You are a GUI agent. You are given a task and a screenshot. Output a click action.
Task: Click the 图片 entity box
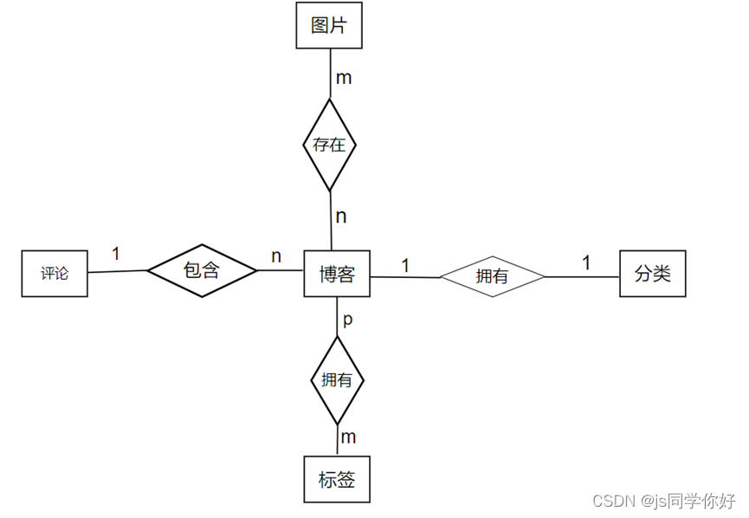tap(328, 25)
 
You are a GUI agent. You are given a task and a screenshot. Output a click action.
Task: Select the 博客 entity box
tap(337, 274)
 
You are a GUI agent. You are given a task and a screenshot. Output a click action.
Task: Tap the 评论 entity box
tap(55, 274)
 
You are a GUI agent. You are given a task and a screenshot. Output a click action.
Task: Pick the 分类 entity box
tap(652, 274)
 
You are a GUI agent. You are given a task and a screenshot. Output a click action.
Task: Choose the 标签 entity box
tap(337, 479)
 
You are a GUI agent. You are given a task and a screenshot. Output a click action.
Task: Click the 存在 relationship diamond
tap(329, 145)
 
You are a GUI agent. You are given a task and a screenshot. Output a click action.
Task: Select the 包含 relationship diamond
tap(202, 270)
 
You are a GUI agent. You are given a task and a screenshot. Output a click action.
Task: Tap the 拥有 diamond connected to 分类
tap(492, 277)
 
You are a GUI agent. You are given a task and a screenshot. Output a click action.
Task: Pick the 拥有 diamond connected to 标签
tap(337, 379)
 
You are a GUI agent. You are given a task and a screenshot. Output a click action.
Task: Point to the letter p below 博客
tap(348, 320)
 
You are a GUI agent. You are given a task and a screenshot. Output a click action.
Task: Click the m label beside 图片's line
tap(344, 78)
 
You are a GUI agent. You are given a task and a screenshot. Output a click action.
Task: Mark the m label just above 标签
tap(348, 436)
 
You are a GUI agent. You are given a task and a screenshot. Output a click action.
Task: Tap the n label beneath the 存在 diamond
tap(341, 217)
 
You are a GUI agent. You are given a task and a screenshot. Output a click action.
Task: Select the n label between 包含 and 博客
tap(276, 256)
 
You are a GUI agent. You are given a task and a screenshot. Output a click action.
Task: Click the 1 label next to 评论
tap(115, 254)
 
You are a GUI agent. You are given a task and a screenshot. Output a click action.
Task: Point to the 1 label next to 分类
tap(586, 262)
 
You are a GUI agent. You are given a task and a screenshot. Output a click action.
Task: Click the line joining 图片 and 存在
tap(329, 73)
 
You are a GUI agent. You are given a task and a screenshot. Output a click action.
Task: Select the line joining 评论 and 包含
tap(117, 272)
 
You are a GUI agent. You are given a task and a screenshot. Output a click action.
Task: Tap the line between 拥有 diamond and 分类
tap(582, 277)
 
